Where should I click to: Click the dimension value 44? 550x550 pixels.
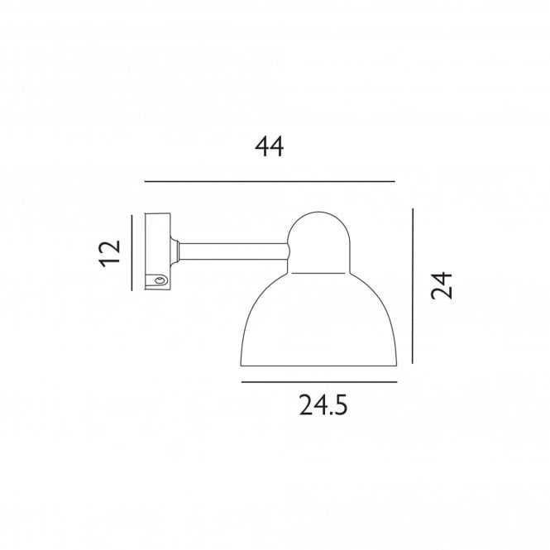pyautogui.click(x=270, y=147)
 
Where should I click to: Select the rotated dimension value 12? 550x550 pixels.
pyautogui.click(x=109, y=251)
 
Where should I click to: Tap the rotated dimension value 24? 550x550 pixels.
pyautogui.click(x=441, y=286)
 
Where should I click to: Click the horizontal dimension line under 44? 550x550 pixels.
pyautogui.click(x=270, y=181)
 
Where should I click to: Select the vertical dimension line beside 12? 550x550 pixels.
pyautogui.click(x=132, y=252)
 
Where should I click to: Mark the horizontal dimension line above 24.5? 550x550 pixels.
pyautogui.click(x=318, y=382)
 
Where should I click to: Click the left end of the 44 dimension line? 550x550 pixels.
pyautogui.click(x=146, y=181)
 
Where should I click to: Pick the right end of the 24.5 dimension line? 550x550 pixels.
pyautogui.click(x=396, y=382)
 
